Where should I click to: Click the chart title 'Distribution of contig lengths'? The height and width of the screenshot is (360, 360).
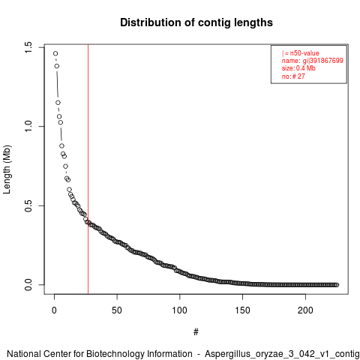196,22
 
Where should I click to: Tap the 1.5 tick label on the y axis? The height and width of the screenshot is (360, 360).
28,47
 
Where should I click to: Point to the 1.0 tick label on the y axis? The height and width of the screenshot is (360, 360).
28,127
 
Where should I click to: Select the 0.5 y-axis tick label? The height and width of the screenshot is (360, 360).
28,205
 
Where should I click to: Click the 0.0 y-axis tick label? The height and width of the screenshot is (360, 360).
28,285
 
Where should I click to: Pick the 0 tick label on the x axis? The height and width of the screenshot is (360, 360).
54,310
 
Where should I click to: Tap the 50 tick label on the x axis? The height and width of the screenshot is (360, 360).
117,310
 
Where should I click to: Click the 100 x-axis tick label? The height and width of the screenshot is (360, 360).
179,310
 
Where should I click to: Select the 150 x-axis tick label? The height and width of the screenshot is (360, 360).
242,310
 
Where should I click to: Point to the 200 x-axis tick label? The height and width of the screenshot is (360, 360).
305,310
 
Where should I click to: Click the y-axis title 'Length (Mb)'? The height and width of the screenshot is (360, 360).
7,169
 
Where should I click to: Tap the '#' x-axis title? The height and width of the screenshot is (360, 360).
196,332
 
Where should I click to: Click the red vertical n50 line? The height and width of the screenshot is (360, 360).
88,169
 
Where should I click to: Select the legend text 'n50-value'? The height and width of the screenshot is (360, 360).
304,53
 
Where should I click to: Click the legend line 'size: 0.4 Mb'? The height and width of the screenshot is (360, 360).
298,68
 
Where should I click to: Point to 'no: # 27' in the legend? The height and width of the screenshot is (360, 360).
293,76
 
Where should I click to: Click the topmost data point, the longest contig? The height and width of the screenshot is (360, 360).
55,53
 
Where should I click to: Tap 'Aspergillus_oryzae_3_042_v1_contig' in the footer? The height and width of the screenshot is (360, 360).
282,354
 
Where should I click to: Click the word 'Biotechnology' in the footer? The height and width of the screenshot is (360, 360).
115,354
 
